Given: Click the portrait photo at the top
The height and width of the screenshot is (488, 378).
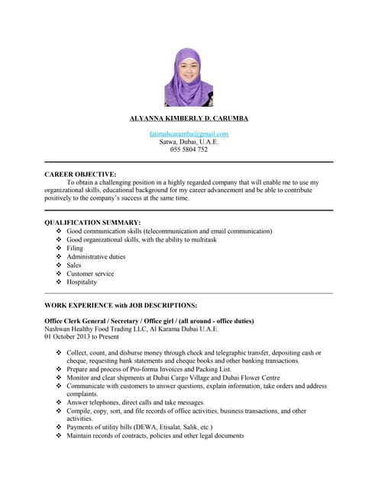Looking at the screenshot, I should coord(189,77).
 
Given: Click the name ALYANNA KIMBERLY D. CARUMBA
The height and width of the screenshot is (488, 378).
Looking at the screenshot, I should coord(189,119).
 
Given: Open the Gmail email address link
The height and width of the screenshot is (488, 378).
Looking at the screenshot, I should coord(189,134).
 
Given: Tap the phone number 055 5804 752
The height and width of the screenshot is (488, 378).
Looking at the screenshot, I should coord(189,149).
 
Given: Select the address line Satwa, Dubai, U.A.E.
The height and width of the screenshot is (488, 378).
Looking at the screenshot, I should coord(189,142).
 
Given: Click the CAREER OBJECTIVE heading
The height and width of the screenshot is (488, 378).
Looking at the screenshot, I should coord(80,175).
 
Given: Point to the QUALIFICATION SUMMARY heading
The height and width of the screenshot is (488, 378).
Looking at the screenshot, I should coord(92,222).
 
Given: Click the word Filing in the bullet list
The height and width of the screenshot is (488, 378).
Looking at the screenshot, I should coord(75,248).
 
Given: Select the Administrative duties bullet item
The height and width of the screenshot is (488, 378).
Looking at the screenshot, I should coord(96,257).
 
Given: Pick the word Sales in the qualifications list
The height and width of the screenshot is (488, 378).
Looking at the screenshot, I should coord(74,265).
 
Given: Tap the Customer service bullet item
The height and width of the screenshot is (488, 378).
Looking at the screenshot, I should coord(90,274).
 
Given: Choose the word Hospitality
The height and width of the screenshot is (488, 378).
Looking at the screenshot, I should coord(82,282).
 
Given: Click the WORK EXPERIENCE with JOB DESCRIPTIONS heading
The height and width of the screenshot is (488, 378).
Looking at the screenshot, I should coord(121,305).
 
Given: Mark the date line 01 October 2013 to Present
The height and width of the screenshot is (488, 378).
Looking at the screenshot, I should coord(82,336).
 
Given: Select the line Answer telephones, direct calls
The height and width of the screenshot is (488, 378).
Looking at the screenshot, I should coord(136,403).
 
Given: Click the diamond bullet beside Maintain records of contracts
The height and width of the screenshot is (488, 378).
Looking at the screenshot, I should coord(60,436).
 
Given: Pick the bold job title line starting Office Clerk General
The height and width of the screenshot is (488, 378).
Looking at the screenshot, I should coord(149,321).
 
